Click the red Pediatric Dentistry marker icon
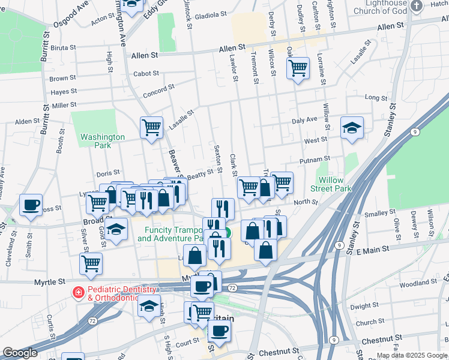click(x=77, y=292)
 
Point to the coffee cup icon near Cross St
click(x=31, y=205)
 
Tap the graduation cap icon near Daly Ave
click(x=352, y=128)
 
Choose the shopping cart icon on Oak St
click(x=297, y=68)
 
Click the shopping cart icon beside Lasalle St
click(x=151, y=127)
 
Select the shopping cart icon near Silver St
click(x=91, y=263)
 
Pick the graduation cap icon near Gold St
click(x=116, y=229)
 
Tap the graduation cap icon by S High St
click(x=149, y=306)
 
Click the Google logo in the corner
click(x=20, y=353)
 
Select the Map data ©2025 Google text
click(x=411, y=355)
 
